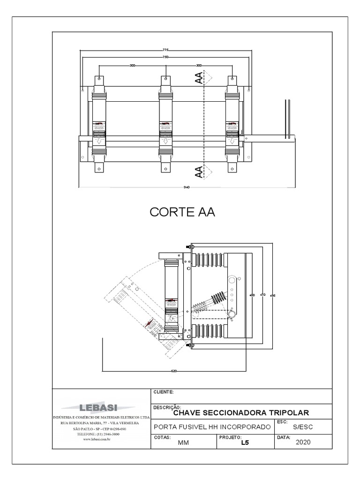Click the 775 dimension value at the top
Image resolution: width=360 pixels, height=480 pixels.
(165, 49)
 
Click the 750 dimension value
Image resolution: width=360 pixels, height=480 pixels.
(165, 57)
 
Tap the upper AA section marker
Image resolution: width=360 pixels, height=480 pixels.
(199, 78)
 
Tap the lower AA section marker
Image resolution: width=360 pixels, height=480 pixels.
(199, 171)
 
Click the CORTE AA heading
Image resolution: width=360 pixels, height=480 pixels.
(182, 212)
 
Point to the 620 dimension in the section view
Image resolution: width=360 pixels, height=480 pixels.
(173, 371)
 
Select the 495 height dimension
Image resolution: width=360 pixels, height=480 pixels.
(273, 295)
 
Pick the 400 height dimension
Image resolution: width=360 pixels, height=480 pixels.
(252, 295)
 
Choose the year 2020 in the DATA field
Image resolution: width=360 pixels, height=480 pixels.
(303, 442)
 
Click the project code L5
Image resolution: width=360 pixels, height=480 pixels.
(244, 442)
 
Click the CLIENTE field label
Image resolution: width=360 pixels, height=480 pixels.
(164, 392)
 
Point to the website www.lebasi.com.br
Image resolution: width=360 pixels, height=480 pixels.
(99, 439)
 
